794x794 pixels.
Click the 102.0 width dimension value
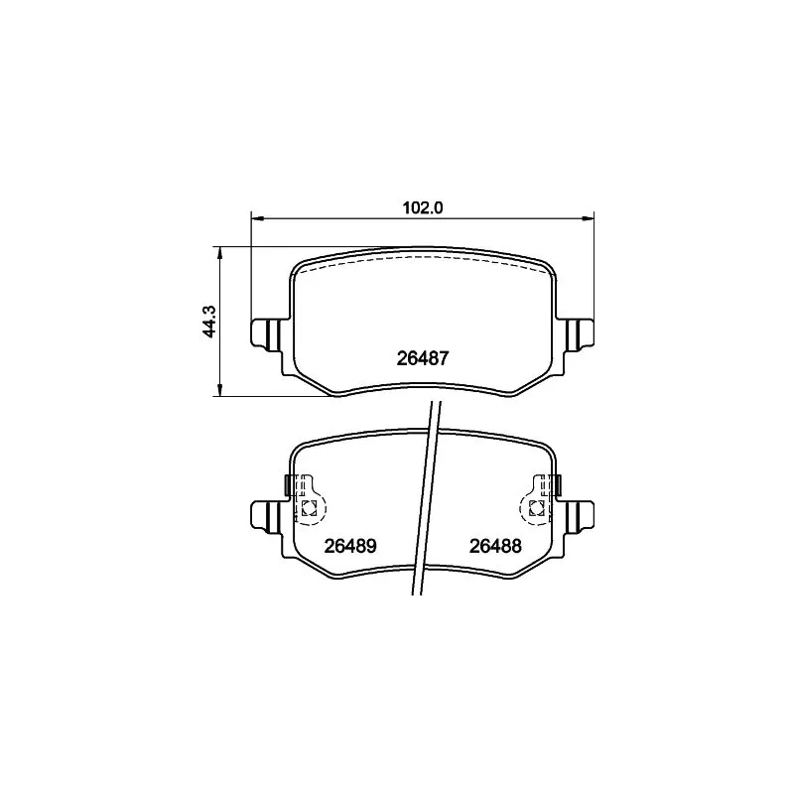(421, 206)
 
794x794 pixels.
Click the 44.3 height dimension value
(209, 322)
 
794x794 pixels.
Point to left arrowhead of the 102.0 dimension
(255, 217)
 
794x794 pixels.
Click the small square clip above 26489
(309, 509)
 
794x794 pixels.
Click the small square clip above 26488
(535, 509)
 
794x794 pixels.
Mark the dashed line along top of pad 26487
(422, 257)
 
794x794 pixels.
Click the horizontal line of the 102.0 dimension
(337, 217)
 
